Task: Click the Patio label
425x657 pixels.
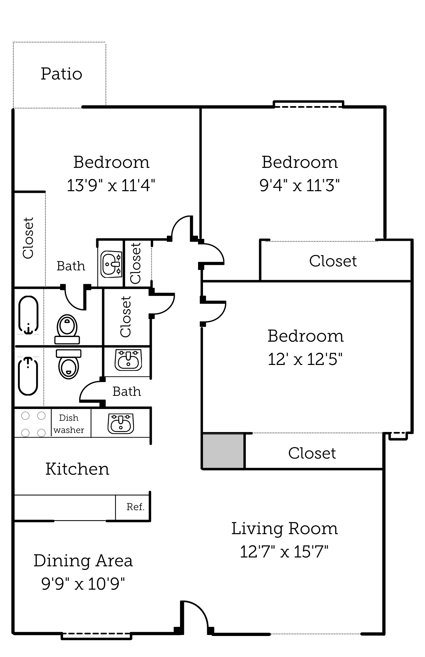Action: [61, 74]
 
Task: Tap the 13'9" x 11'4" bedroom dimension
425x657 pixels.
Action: [111, 185]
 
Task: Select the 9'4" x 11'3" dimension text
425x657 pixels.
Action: [299, 185]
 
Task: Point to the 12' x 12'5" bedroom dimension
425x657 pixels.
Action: [305, 359]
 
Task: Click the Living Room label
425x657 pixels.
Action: [284, 529]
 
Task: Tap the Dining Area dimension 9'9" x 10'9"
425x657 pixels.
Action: [83, 584]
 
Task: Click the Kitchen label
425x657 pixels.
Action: [77, 469]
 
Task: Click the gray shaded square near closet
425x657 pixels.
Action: [223, 451]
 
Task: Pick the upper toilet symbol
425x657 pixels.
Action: [67, 329]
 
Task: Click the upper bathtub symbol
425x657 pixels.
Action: [28, 315]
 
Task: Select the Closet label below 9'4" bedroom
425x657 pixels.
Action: [333, 261]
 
